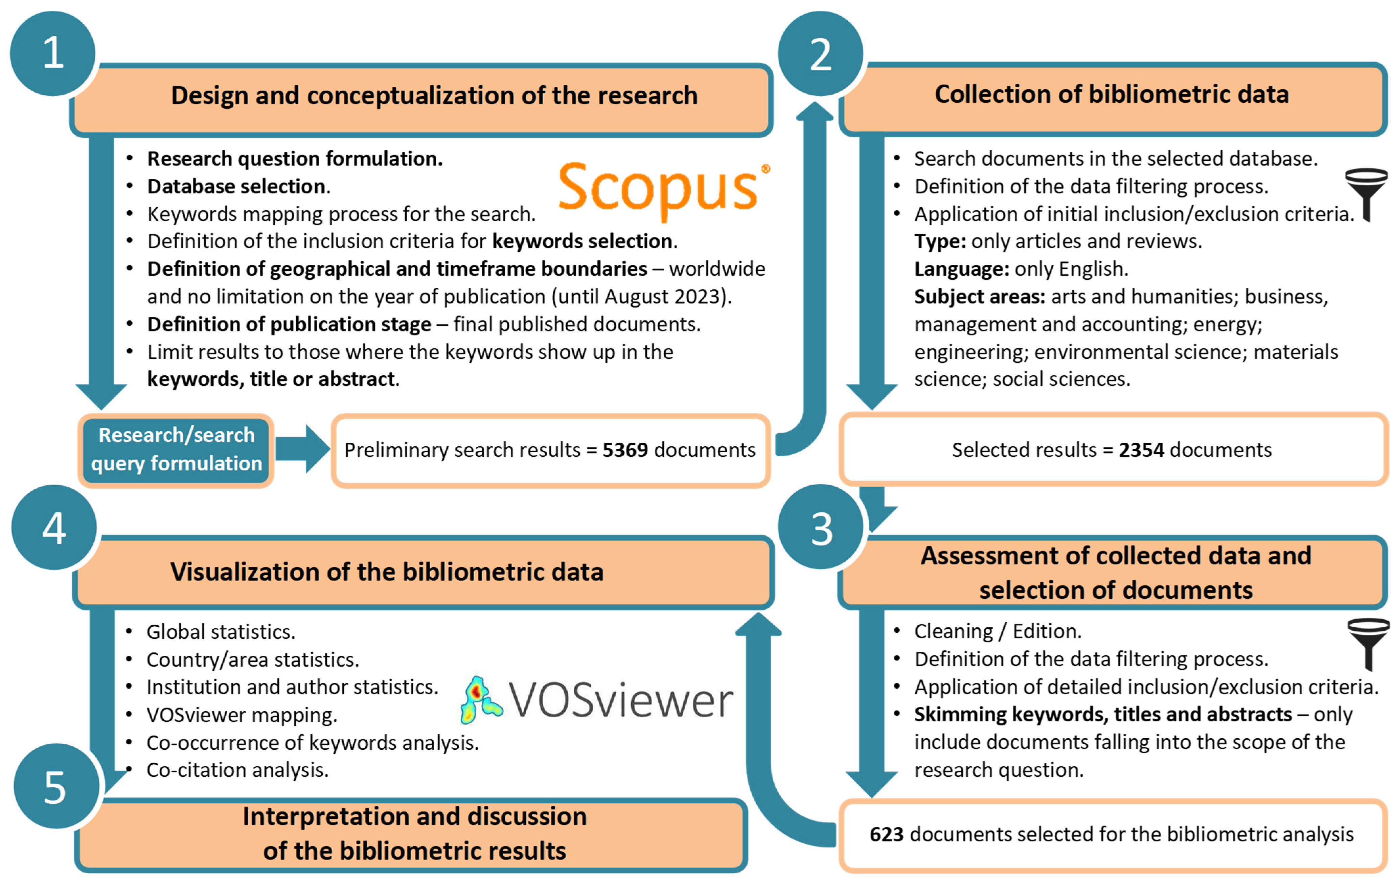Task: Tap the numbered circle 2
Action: (820, 53)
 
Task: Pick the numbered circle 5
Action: (55, 786)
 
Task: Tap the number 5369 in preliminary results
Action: (624, 450)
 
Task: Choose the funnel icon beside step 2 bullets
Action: (1366, 194)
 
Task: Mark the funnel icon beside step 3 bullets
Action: (1368, 643)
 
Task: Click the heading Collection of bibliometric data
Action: (1111, 94)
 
